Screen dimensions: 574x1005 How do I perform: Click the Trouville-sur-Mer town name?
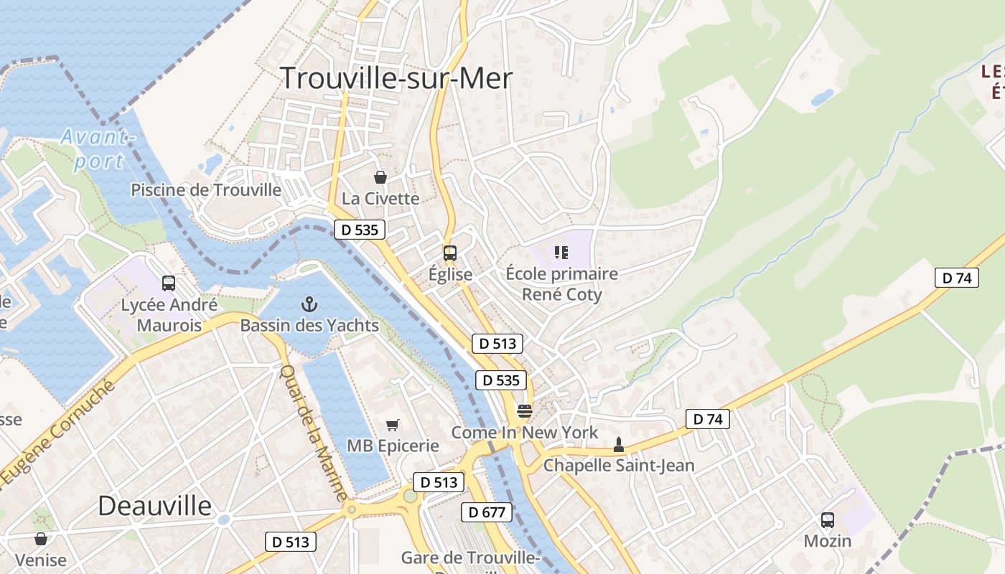tap(396, 77)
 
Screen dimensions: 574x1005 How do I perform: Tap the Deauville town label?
tap(155, 506)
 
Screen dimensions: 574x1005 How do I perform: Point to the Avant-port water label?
tap(98, 149)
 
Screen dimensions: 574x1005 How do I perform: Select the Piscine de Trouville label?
tap(206, 190)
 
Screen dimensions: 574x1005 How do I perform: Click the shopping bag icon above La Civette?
tap(380, 177)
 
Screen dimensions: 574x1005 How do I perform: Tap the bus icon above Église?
tap(450, 253)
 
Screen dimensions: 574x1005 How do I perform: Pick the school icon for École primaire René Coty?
tap(561, 253)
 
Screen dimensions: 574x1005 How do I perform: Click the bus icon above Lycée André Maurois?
tap(169, 283)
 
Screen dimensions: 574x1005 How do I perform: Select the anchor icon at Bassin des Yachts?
tap(309, 304)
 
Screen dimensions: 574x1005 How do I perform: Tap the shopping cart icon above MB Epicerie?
tap(393, 425)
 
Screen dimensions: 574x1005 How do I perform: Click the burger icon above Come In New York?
tap(525, 412)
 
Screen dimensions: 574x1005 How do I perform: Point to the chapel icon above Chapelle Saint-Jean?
tap(619, 445)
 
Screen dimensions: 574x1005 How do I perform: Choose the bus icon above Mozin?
tap(828, 520)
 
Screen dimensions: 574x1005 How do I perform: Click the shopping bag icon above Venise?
tap(41, 539)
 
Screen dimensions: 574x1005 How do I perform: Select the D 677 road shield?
tap(487, 512)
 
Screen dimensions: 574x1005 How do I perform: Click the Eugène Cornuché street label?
tap(57, 433)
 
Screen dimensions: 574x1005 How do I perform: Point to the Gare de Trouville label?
tap(470, 558)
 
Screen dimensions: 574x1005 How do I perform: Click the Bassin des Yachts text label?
tap(309, 326)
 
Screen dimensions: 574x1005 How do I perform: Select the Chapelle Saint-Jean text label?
tap(619, 466)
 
